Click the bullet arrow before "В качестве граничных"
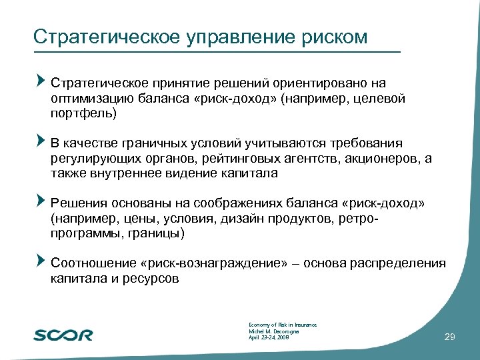click(41, 142)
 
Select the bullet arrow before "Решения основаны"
click(41, 201)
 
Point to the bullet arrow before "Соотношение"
click(41, 261)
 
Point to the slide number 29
click(449, 338)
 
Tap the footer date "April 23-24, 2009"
click(268, 338)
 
